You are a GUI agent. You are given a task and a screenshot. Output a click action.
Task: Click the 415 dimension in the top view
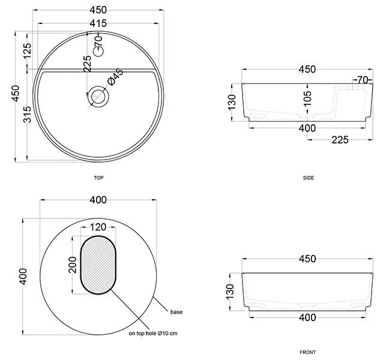pyautogui.click(x=98, y=23)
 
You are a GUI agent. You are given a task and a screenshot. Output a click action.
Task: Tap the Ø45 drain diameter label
pyautogui.click(x=115, y=77)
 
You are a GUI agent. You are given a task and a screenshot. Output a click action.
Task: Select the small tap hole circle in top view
pyautogui.click(x=98, y=52)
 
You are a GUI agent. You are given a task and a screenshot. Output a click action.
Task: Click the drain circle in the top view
pyautogui.click(x=98, y=97)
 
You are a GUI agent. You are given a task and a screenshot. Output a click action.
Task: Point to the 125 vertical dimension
pyautogui.click(x=27, y=50)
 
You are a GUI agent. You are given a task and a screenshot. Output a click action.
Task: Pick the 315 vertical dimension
pyautogui.click(x=27, y=114)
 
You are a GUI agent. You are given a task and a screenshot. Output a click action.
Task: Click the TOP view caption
pyautogui.click(x=98, y=178)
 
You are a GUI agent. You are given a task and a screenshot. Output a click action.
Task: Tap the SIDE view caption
pyautogui.click(x=309, y=178)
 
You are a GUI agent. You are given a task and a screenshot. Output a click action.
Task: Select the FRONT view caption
pyautogui.click(x=307, y=352)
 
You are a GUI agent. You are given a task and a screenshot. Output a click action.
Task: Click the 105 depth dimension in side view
pyautogui.click(x=307, y=98)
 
